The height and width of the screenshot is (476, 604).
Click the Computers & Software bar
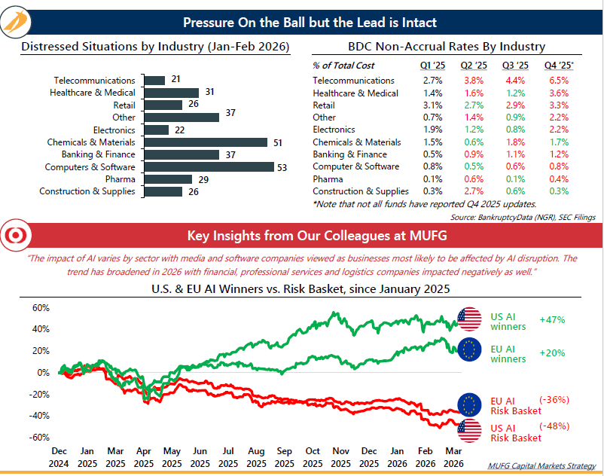pos(208,166)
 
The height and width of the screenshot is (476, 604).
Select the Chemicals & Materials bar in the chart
pos(205,142)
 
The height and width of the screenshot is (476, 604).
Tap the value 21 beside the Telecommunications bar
pos(175,80)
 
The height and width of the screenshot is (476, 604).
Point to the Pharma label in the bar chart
pos(120,179)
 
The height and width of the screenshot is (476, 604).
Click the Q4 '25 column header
pos(559,66)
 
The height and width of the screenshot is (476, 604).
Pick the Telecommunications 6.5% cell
pos(558,80)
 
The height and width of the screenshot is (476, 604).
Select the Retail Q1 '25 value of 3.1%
pos(432,105)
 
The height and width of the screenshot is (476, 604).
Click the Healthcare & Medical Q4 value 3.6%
pos(558,93)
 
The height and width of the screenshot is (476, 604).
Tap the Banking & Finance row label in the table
pos(349,154)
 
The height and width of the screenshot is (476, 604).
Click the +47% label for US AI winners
pos(552,319)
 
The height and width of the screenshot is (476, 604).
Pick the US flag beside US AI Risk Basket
pos(470,432)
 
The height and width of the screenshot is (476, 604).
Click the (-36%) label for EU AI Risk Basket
pos(554,400)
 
